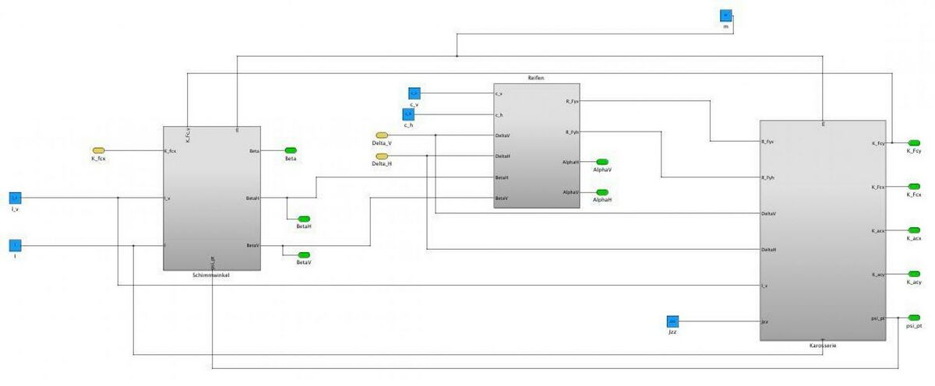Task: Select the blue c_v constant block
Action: pos(415,93)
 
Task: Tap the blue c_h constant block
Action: pos(408,114)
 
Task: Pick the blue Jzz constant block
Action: pos(672,321)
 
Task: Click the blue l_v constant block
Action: pos(15,198)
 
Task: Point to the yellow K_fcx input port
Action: pos(99,150)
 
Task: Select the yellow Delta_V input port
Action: pos(381,135)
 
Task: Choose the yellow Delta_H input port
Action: pos(381,156)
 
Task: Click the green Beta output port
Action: pos(291,150)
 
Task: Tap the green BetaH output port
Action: pos(304,218)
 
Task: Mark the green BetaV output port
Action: pos(304,254)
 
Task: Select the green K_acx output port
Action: pos(914,230)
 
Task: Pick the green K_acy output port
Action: pos(914,274)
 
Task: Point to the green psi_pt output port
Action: pos(914,318)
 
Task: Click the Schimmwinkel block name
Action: pos(210,275)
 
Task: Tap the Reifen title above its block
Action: pos(535,79)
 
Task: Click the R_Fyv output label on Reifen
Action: pos(572,101)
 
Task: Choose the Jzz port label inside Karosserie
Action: pos(766,321)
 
